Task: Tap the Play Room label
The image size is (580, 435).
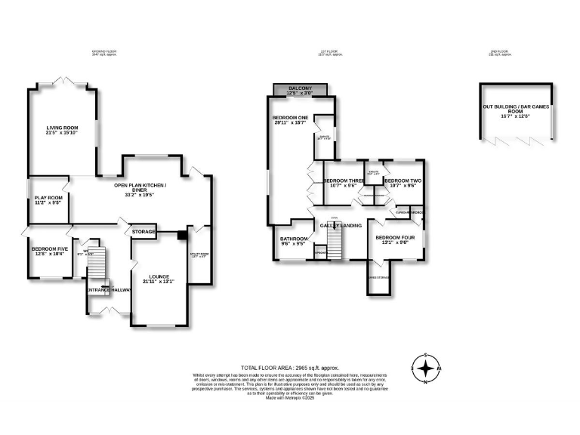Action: pyautogui.click(x=48, y=198)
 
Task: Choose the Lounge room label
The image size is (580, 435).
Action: pyautogui.click(x=158, y=276)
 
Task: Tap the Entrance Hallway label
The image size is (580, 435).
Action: pyautogui.click(x=108, y=290)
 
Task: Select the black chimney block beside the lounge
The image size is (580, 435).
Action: pyautogui.click(x=180, y=235)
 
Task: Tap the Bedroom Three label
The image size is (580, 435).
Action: pyautogui.click(x=344, y=181)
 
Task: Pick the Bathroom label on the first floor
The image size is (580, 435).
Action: pyautogui.click(x=291, y=239)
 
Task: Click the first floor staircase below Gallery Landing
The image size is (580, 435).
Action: pyautogui.click(x=336, y=243)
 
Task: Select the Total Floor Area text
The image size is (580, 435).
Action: pyautogui.click(x=287, y=366)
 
